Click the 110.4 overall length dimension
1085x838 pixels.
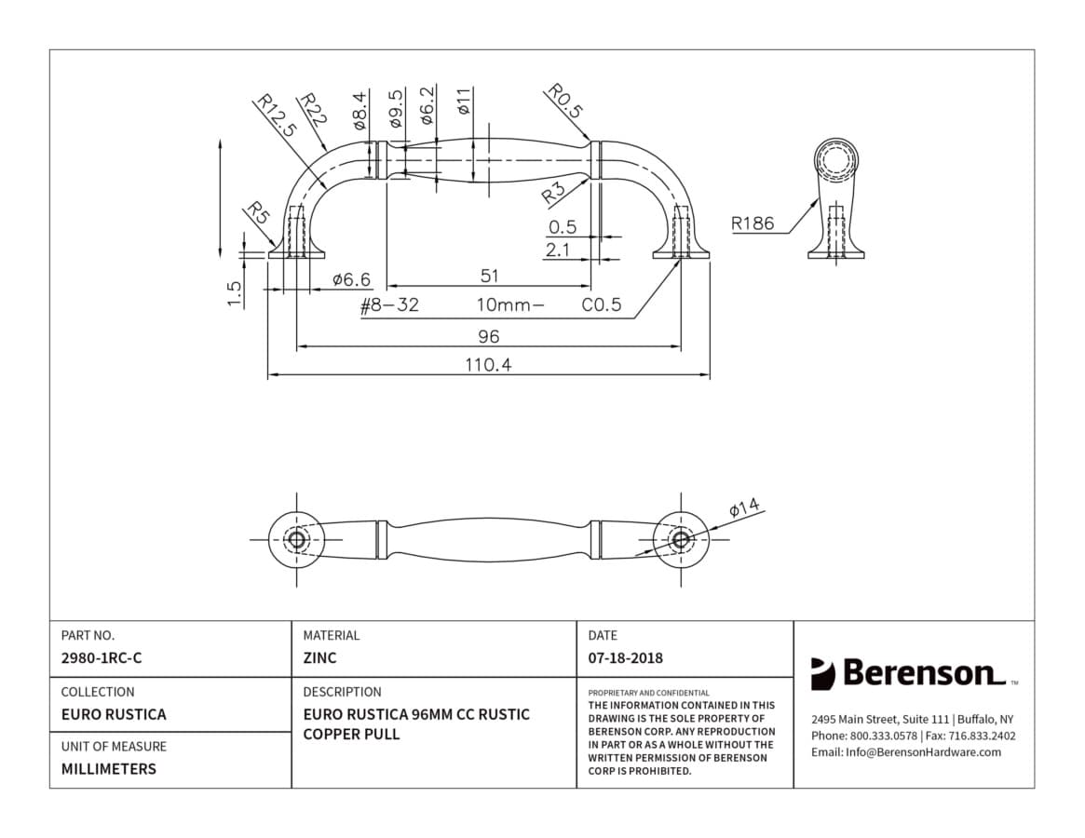(x=489, y=364)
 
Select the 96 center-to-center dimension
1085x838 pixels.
(x=489, y=336)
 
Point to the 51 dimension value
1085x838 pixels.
(x=489, y=277)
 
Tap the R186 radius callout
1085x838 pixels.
(x=753, y=223)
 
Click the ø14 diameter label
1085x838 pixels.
(x=744, y=507)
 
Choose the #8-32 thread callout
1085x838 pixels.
(x=389, y=305)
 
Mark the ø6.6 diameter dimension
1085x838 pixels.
(x=351, y=279)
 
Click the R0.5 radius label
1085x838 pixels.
(x=565, y=101)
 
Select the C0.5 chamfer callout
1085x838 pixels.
(x=602, y=305)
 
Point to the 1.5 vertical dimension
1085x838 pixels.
(x=235, y=293)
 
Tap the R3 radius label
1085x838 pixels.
(x=553, y=193)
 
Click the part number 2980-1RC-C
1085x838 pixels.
(x=102, y=658)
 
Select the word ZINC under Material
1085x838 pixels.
(x=319, y=658)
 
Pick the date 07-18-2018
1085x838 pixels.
(x=626, y=658)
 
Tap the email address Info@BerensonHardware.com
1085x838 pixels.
(x=923, y=752)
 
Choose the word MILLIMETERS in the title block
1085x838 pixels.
(x=109, y=769)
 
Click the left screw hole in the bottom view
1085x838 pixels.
(x=297, y=540)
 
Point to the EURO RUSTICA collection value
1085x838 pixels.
(x=114, y=714)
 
